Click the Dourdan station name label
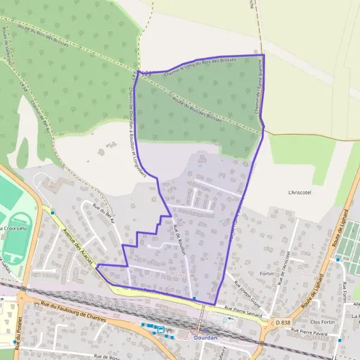point(206,338)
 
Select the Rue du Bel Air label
point(103,212)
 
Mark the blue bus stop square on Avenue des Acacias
point(53,212)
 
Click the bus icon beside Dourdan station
point(160,329)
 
